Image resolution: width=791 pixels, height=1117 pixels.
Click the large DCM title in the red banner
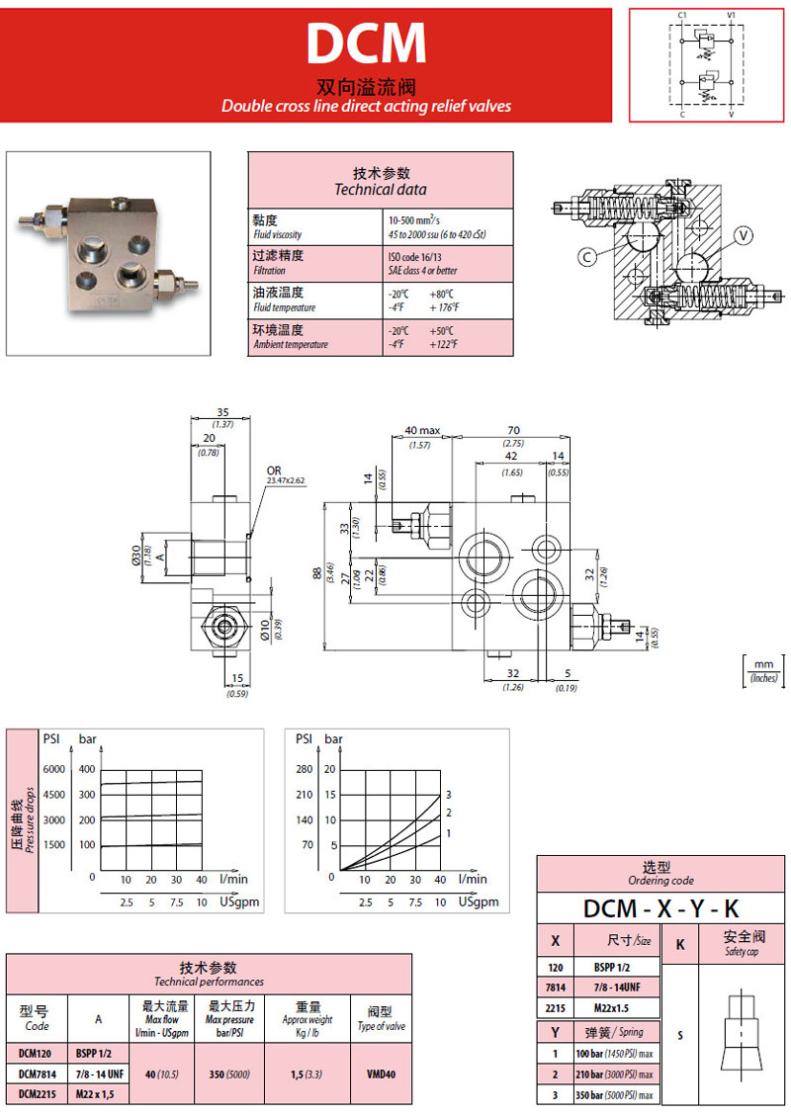pyautogui.click(x=365, y=43)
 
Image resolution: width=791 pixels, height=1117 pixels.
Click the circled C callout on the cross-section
pyautogui.click(x=586, y=257)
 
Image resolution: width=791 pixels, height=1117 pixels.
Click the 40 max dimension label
pyautogui.click(x=422, y=431)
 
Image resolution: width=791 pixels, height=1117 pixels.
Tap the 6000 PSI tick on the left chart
pyautogui.click(x=52, y=769)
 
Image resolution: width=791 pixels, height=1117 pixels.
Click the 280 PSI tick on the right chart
pyautogui.click(x=303, y=769)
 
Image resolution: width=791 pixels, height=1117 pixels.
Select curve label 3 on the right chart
pyautogui.click(x=448, y=795)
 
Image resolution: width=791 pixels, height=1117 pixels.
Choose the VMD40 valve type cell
pyautogui.click(x=381, y=1074)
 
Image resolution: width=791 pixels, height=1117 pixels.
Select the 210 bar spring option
pyautogui.click(x=613, y=1074)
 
